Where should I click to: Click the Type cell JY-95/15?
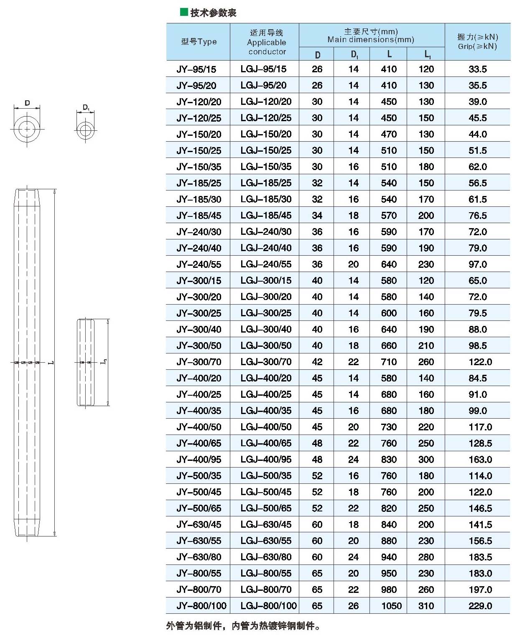[x=196, y=69]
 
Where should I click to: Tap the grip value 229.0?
[x=480, y=606]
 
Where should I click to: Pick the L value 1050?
[x=391, y=606]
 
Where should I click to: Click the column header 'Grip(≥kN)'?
[x=477, y=42]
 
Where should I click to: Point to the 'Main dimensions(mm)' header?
[x=371, y=36]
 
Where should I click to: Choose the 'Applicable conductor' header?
[x=267, y=42]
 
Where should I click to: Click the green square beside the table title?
[x=183, y=12]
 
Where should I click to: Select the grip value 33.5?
[x=478, y=69]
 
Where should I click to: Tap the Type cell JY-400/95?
[x=199, y=460]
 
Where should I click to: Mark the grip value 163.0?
[x=480, y=460]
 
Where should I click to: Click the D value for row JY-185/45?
[x=317, y=216]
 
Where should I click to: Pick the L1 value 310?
[x=426, y=606]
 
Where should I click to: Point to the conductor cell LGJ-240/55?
[x=266, y=264]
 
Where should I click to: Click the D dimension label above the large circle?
[x=27, y=103]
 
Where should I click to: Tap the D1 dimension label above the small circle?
[x=86, y=107]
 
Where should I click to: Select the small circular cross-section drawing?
[x=85, y=129]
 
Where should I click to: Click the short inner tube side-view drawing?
[x=86, y=362]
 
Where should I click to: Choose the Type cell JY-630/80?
[x=199, y=557]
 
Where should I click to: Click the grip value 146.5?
[x=480, y=508]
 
